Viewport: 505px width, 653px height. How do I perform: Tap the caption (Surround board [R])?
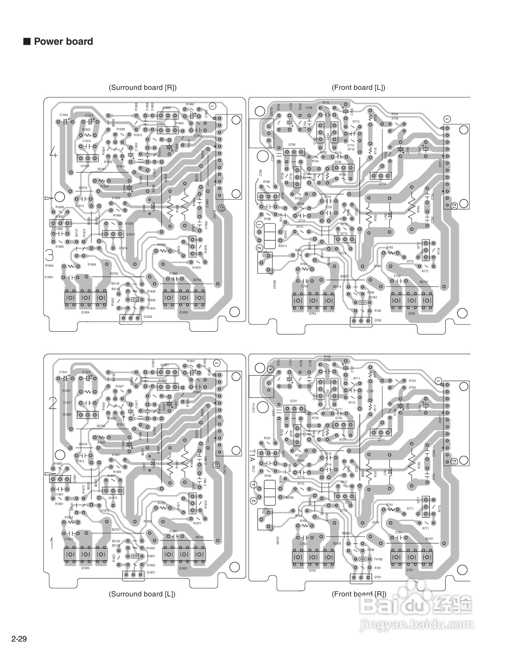coord(143,87)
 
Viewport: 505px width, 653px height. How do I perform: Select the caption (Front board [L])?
coord(358,87)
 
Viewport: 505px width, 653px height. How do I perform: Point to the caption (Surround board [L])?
coord(142,594)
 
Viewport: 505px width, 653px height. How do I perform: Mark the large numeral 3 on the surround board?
coord(50,254)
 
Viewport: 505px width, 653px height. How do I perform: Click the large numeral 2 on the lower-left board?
coord(53,403)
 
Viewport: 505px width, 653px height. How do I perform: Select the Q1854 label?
coord(85,312)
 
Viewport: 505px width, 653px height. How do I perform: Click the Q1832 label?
coord(148,317)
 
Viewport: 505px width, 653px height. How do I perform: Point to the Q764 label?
coord(313,314)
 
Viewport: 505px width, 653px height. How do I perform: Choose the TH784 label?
coord(373,297)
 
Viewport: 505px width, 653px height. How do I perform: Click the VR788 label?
coord(275,285)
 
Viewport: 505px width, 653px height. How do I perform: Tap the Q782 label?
coord(378,320)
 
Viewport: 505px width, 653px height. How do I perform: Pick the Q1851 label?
coord(183,569)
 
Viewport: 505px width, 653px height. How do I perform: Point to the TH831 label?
coord(151,556)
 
